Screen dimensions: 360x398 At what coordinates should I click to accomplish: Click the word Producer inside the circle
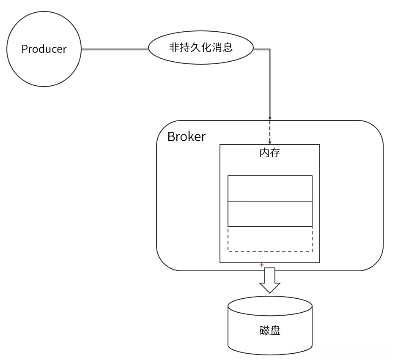point(44,49)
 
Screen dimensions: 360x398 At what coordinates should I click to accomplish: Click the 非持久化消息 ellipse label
point(200,47)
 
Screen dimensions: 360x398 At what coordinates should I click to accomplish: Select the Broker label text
point(187,136)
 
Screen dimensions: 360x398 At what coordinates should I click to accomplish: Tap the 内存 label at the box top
point(269,153)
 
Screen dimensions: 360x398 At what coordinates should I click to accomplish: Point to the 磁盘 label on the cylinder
point(269,330)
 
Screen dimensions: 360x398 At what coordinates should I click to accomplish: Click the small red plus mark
point(262,265)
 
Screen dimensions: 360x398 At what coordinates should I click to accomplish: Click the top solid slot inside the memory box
point(270,188)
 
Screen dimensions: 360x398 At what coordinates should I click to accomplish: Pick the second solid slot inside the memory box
point(270,214)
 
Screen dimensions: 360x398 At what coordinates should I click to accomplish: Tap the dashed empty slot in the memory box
point(270,239)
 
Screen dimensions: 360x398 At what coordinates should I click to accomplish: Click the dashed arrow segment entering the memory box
point(270,132)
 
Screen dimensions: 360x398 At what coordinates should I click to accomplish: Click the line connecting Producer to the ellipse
point(114,49)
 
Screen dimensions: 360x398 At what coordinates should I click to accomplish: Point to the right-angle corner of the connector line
point(270,49)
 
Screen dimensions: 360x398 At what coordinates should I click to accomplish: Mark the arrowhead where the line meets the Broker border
point(270,118)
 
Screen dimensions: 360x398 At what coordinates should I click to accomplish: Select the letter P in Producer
point(25,49)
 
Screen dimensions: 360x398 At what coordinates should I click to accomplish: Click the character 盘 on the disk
point(275,330)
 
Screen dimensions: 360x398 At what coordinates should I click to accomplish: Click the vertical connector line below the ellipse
point(270,85)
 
